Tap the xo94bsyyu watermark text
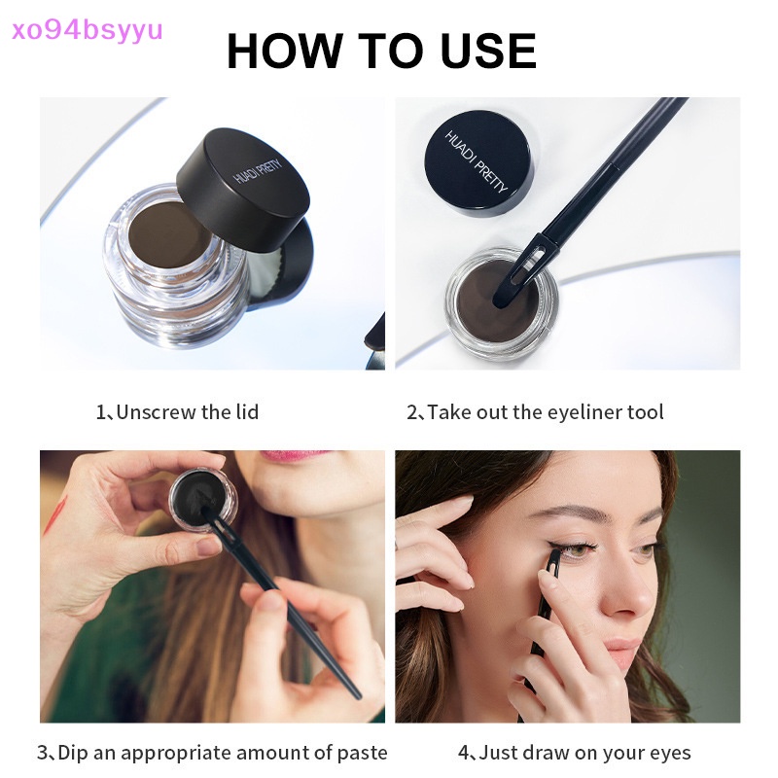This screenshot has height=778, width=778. coord(83,28)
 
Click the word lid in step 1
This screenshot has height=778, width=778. coord(246,411)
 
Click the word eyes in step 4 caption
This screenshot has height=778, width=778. coord(667,752)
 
